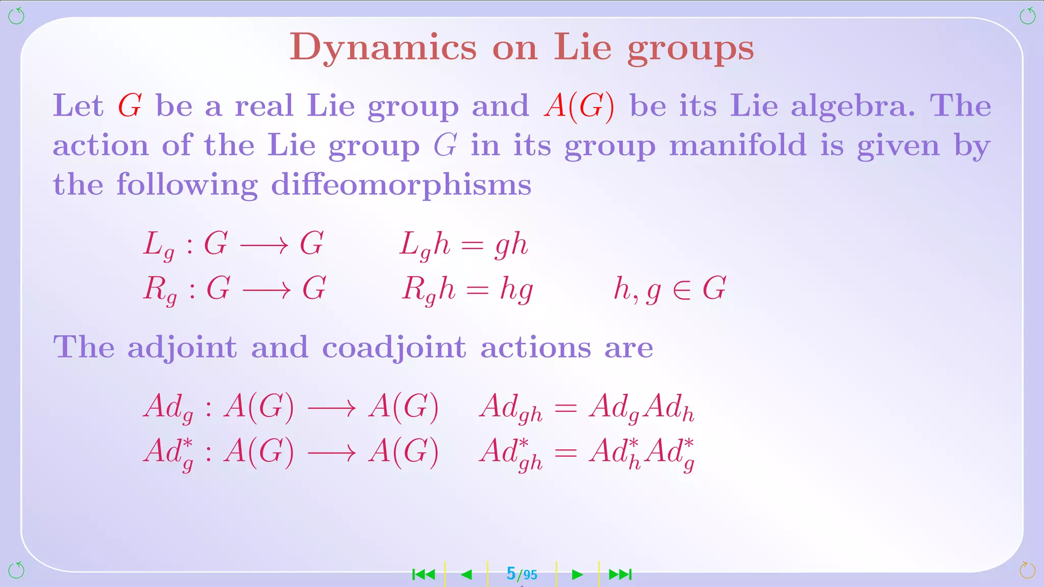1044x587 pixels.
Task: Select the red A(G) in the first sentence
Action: pyautogui.click(x=579, y=106)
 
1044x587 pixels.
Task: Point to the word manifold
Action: pyautogui.click(x=738, y=146)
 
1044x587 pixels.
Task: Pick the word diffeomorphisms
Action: pyautogui.click(x=401, y=184)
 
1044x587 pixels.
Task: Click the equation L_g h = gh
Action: pyautogui.click(x=463, y=245)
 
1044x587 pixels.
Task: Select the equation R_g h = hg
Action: pyautogui.click(x=467, y=289)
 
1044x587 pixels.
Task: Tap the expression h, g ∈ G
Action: pyautogui.click(x=669, y=289)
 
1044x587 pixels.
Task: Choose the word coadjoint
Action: pyautogui.click(x=394, y=348)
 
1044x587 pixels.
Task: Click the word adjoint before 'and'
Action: pyautogui.click(x=182, y=348)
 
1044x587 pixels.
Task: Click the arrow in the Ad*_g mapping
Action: pyautogui.click(x=331, y=452)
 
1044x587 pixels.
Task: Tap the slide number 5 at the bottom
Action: pyautogui.click(x=511, y=574)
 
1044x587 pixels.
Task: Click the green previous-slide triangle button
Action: pyautogui.click(x=466, y=575)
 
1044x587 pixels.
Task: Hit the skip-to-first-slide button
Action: pyautogui.click(x=423, y=575)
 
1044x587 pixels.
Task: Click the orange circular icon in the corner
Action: pyautogui.click(x=1027, y=570)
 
